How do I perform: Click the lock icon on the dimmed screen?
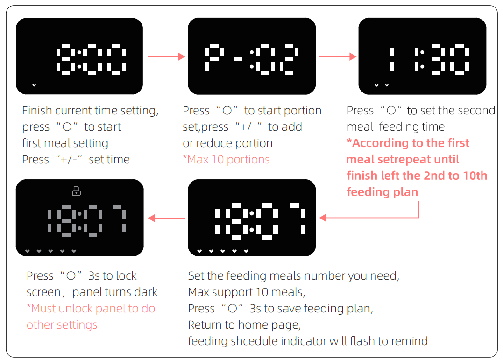(77, 191)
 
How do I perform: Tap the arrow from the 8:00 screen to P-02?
(166, 56)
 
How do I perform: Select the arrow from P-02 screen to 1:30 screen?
(338, 56)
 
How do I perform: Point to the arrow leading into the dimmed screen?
(167, 218)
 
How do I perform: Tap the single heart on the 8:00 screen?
(34, 85)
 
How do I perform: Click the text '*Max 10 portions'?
(226, 160)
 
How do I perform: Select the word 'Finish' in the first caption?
(37, 111)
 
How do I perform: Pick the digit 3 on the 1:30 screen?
(438, 59)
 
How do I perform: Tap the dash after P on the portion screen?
(238, 59)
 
